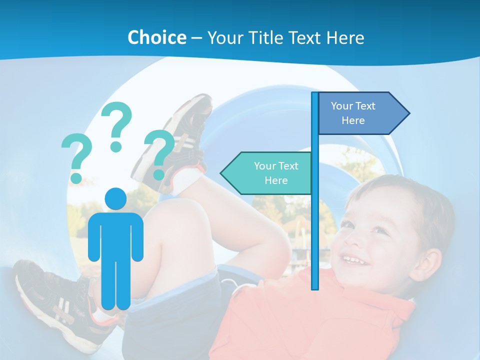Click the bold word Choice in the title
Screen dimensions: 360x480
(x=156, y=37)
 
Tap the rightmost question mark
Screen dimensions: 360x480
(x=159, y=153)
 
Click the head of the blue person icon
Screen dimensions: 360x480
(x=115, y=198)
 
